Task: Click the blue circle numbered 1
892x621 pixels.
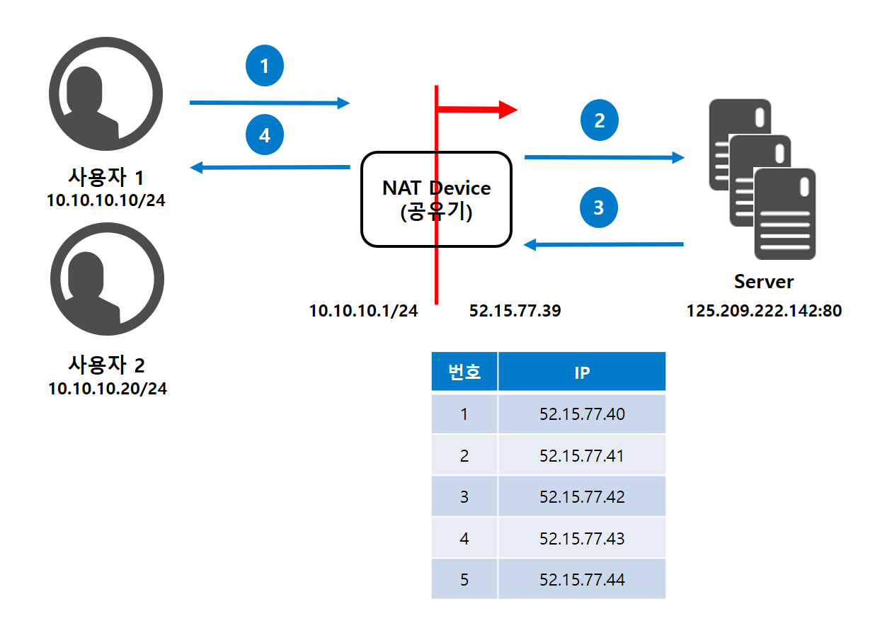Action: click(x=265, y=67)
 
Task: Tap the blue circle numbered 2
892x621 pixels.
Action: click(x=600, y=121)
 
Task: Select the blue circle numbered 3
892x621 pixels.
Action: click(x=599, y=208)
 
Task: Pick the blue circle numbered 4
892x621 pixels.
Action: click(x=265, y=135)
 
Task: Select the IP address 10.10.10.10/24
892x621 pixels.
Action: click(x=107, y=200)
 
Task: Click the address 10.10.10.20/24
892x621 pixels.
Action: click(x=108, y=388)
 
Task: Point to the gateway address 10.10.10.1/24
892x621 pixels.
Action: click(x=363, y=310)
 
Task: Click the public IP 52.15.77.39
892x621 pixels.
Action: click(x=515, y=310)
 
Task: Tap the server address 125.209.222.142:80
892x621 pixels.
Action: click(x=765, y=310)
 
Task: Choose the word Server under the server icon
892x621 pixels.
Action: click(x=764, y=282)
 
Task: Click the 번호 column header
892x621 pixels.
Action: click(x=464, y=372)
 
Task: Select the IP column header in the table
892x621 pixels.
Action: click(x=582, y=372)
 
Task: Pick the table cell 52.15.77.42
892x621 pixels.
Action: click(x=582, y=496)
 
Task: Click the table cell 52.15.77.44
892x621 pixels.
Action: click(x=582, y=580)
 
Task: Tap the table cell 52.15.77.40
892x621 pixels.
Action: click(x=582, y=414)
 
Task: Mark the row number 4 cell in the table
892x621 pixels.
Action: click(x=464, y=538)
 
